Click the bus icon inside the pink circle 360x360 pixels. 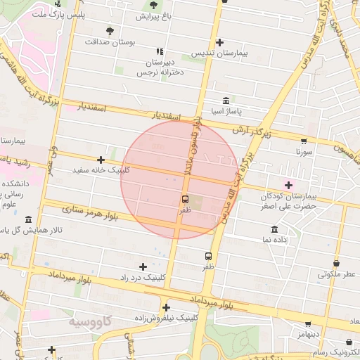pyautogui.click(x=185, y=199)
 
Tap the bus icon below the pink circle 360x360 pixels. pyautogui.click(x=208, y=256)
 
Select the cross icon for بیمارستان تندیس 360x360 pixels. pyautogui.click(x=220, y=42)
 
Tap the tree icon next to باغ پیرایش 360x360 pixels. pyautogui.click(x=153, y=6)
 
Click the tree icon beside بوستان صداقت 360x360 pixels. pyautogui.click(x=110, y=30)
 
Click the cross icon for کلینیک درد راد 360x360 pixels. pyautogui.click(x=143, y=266)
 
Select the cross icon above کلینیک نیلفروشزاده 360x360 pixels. pyautogui.click(x=167, y=307)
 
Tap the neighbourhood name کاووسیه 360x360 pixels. pyautogui.click(x=91, y=321)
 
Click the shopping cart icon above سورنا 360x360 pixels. pyautogui.click(x=304, y=141)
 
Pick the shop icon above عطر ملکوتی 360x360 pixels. pyautogui.click(x=337, y=264)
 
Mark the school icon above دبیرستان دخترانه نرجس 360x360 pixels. pyautogui.click(x=160, y=51)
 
